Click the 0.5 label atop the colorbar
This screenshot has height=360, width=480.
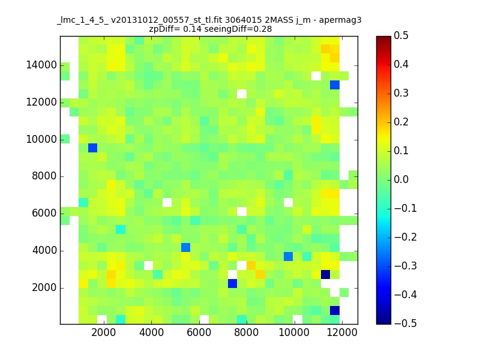(x=401, y=35)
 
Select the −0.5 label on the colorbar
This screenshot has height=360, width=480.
(x=406, y=323)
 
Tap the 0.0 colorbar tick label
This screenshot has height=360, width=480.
(x=401, y=179)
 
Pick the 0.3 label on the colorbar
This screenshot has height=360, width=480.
(x=401, y=93)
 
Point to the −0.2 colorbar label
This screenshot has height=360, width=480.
(x=406, y=237)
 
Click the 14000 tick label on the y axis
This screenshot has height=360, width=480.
(x=41, y=65)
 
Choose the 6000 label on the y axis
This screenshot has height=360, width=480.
(x=44, y=213)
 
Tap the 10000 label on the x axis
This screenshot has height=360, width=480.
(x=294, y=332)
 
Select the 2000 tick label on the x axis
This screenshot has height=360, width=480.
(x=103, y=332)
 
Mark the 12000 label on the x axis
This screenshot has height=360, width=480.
(x=342, y=332)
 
